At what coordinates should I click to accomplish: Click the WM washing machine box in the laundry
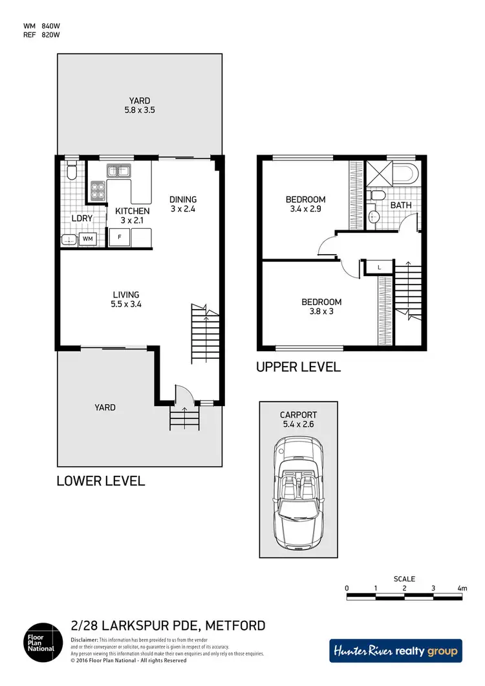coord(87,239)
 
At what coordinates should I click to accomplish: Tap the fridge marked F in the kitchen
coord(119,238)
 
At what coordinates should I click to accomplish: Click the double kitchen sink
coord(119,171)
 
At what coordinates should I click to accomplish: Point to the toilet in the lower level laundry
coord(72,171)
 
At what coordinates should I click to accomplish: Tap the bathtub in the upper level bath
coord(405,173)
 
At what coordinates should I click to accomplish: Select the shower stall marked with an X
coord(377,173)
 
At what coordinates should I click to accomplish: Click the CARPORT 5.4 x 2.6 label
coord(298,420)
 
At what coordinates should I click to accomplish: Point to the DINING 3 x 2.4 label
coord(182,204)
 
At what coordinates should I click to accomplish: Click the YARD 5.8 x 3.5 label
coord(139,105)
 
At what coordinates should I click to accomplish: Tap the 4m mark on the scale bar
coord(461,588)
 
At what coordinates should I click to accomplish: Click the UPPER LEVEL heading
coord(298,367)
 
